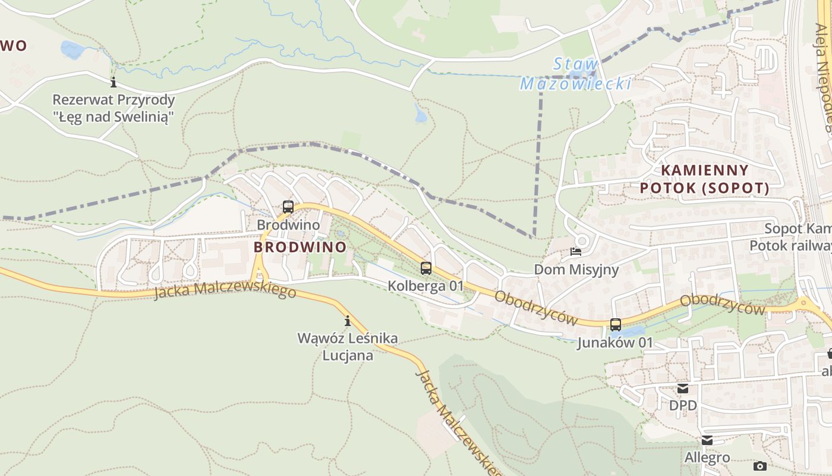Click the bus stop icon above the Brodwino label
(x=288, y=207)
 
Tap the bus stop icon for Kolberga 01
(x=426, y=268)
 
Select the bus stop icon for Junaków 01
(x=616, y=324)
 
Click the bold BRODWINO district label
(x=300, y=246)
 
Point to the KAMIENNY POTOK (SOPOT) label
(x=704, y=179)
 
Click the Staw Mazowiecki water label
(x=575, y=74)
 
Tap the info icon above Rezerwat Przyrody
(x=114, y=82)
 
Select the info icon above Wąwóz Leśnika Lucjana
(x=348, y=321)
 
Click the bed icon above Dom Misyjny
(x=576, y=252)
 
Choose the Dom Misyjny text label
(x=576, y=270)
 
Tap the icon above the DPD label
(x=683, y=389)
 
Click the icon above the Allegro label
(x=707, y=440)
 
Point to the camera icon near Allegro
(x=759, y=466)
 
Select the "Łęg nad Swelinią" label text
(x=114, y=117)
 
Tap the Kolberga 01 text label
(x=426, y=286)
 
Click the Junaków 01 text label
(x=615, y=343)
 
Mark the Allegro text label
(x=707, y=458)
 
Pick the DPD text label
(x=683, y=405)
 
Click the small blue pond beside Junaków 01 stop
(x=634, y=330)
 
